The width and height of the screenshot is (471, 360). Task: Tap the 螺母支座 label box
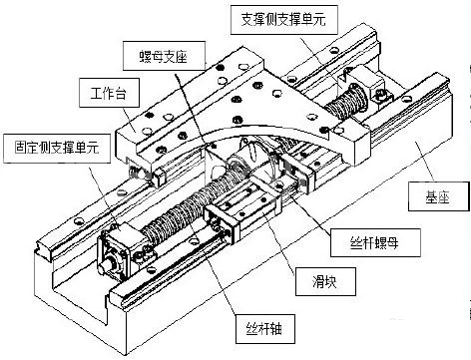tap(155, 52)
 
